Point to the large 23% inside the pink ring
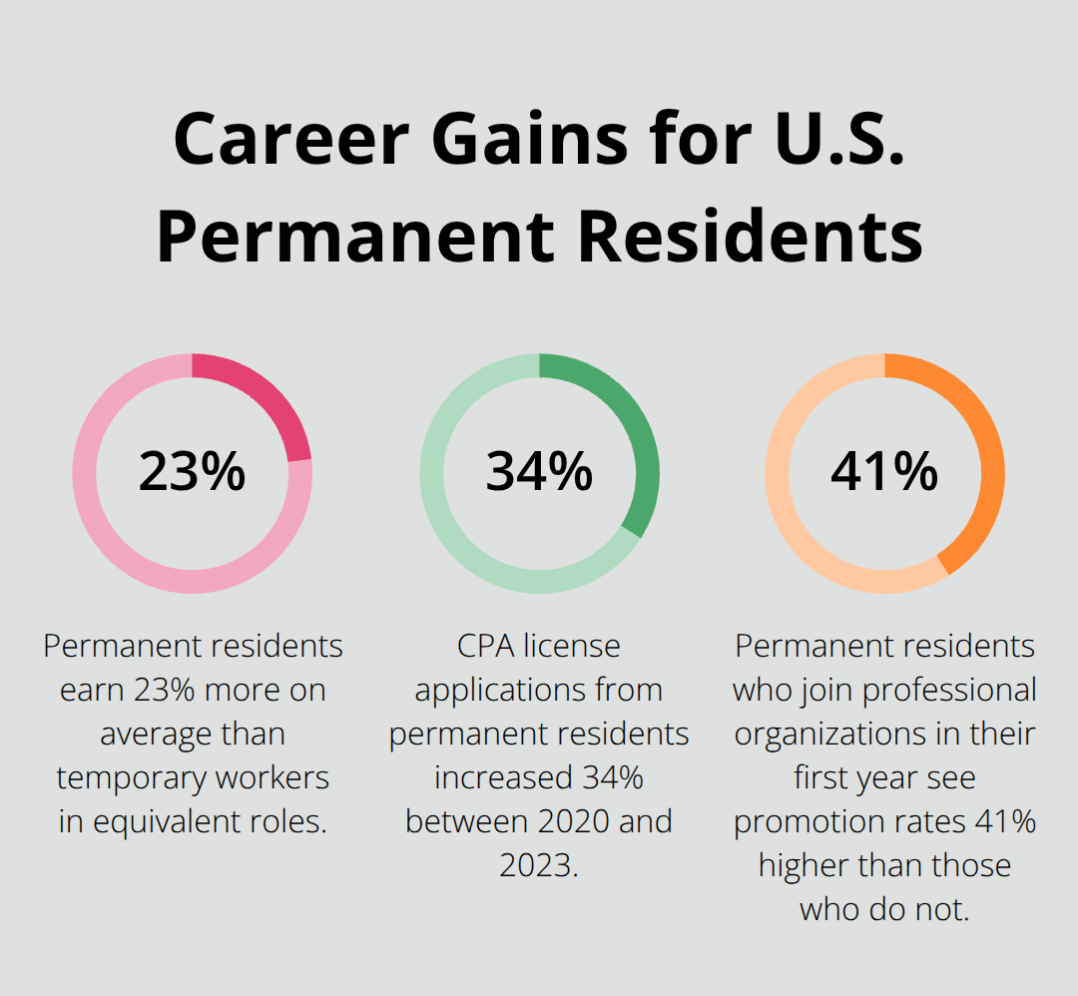coord(192,472)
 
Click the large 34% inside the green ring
coord(539,472)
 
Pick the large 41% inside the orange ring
coord(884,472)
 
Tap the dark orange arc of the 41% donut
coord(983,469)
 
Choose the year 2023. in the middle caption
coord(539,864)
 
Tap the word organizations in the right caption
coord(818,734)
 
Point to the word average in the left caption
coord(156,734)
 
